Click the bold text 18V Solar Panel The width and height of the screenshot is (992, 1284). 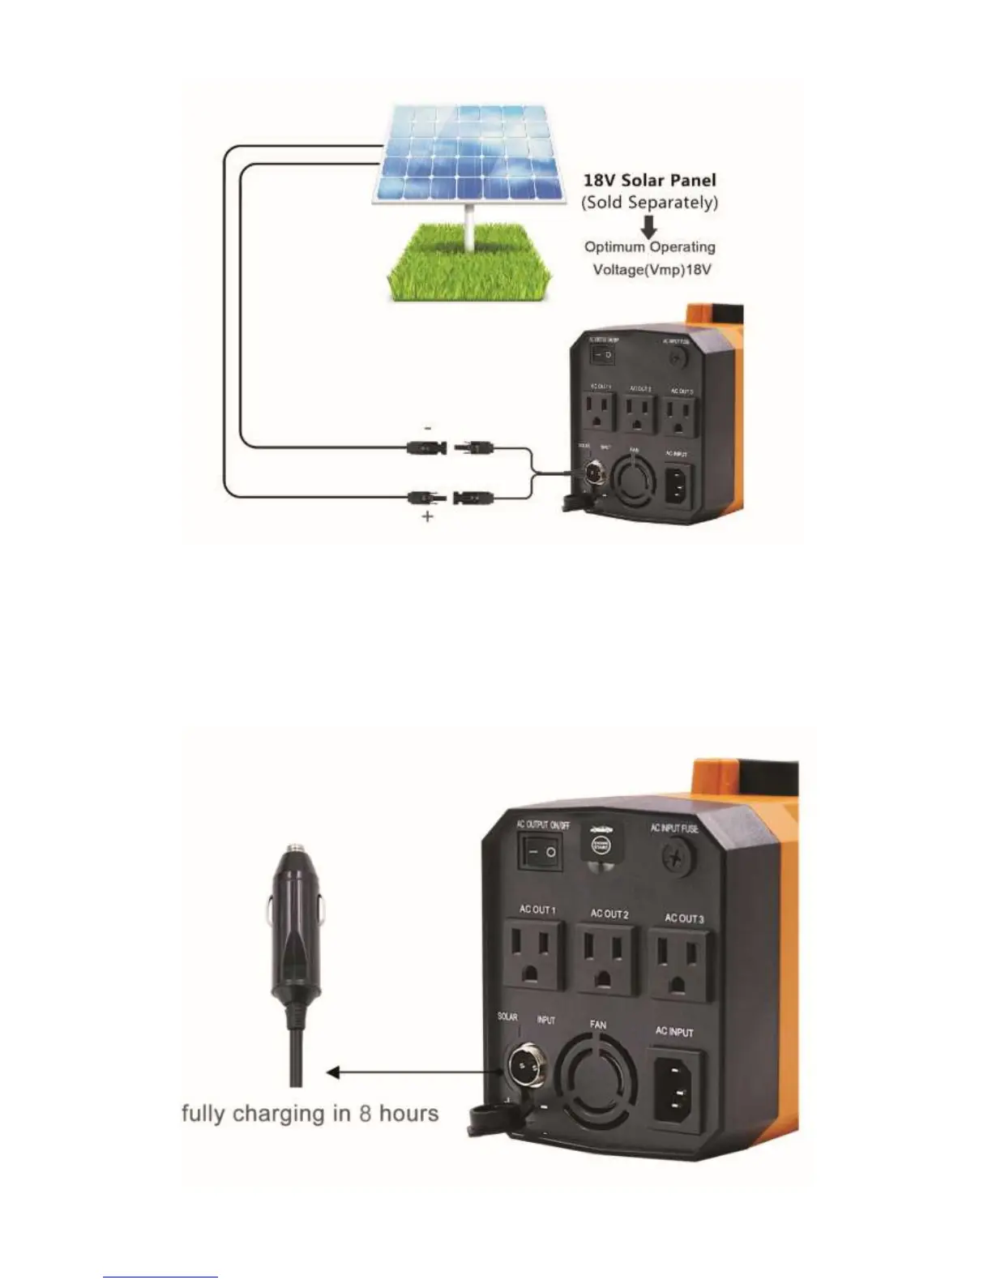pyautogui.click(x=649, y=180)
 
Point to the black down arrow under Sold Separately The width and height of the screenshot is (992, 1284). pyautogui.click(x=648, y=226)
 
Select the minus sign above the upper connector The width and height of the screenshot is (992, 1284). pyautogui.click(x=428, y=427)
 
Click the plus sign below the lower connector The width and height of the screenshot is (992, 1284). pyautogui.click(x=428, y=516)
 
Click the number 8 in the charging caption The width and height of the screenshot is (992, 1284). pyautogui.click(x=365, y=1113)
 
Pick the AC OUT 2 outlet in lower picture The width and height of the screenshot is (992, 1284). pyautogui.click(x=608, y=961)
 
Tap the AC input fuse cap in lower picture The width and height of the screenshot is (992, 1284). pyautogui.click(x=674, y=856)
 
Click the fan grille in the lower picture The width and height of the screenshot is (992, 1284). pyautogui.click(x=599, y=1077)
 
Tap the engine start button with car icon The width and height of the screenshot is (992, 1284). pyautogui.click(x=600, y=843)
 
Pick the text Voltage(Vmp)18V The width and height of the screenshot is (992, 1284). pyautogui.click(x=652, y=269)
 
